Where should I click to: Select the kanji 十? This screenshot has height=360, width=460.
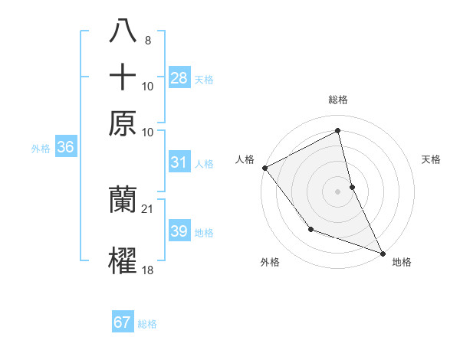(x=123, y=78)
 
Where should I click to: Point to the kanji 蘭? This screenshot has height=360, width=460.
(x=123, y=201)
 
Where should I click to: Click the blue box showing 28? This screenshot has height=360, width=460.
(x=179, y=78)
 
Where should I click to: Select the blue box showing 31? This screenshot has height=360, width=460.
(x=179, y=162)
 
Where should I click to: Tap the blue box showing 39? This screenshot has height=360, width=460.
(x=179, y=232)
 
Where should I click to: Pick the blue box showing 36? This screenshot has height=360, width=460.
(x=65, y=149)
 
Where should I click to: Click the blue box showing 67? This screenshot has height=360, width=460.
(x=123, y=322)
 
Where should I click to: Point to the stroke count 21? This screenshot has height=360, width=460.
(x=149, y=209)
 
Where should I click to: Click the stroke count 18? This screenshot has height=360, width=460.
(x=148, y=270)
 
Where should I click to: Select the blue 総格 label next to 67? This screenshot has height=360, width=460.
(x=147, y=324)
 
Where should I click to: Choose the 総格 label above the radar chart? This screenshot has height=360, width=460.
(x=338, y=100)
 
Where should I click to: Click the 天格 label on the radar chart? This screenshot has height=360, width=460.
(x=432, y=159)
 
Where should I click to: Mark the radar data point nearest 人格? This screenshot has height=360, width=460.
(x=264, y=168)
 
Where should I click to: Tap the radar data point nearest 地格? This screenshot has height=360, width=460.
(x=383, y=253)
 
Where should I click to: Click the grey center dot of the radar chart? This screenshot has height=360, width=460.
(x=338, y=191)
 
